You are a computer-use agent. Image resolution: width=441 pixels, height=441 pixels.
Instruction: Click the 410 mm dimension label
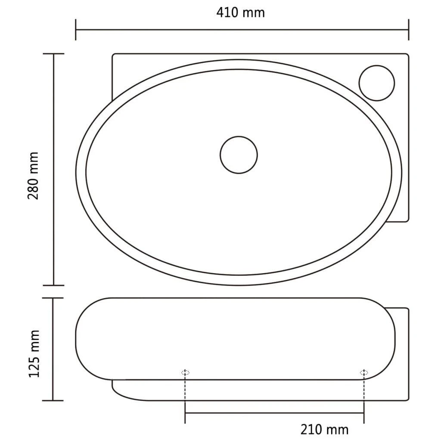coord(240,12)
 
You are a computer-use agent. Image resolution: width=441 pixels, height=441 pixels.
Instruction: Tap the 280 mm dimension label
coord(33,176)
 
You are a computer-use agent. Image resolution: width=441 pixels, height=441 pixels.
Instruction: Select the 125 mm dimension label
coord(34,354)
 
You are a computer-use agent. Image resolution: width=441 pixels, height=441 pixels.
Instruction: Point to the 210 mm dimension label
coord(324,429)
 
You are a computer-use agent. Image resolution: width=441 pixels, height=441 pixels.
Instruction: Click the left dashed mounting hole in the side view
coord(185,373)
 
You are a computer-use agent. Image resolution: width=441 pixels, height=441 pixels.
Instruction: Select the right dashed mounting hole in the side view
coord(364,373)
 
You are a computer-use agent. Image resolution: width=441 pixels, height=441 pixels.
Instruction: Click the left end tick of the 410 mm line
coord(76,30)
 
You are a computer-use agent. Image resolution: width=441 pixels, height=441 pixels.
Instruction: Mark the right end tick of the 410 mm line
coord(408,30)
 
